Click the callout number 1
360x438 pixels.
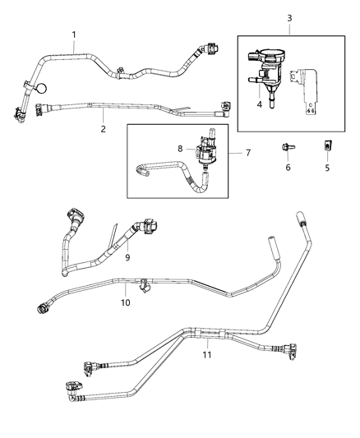point(73,34)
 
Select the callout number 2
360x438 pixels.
point(104,128)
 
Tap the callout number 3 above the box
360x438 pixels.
point(288,19)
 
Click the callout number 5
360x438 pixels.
point(326,167)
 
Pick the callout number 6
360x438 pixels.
point(288,168)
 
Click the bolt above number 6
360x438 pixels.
point(288,150)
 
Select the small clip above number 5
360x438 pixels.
point(326,148)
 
